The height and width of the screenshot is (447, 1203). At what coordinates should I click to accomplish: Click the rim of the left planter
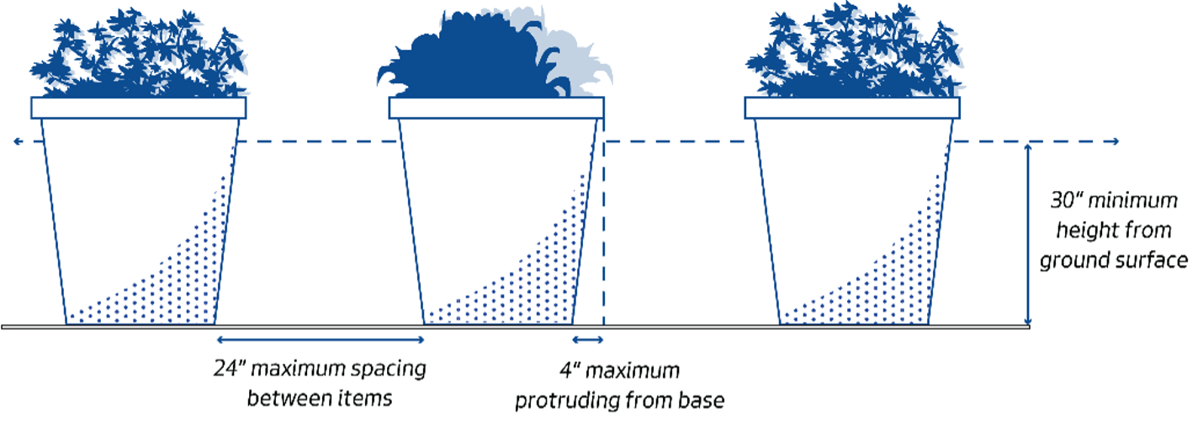139,108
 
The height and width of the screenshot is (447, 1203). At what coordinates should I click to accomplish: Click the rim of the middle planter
496,108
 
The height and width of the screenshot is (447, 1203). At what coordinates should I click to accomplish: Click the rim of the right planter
852,108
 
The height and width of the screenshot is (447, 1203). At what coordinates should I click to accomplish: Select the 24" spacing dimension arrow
321,339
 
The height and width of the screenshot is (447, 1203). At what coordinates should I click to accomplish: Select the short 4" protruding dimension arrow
588,339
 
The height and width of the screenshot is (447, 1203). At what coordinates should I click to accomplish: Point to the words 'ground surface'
1113,260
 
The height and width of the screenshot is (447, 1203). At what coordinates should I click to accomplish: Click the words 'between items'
320,397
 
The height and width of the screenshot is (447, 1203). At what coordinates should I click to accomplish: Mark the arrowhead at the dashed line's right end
1116,141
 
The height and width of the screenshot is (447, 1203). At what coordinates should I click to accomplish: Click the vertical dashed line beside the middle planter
603,236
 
